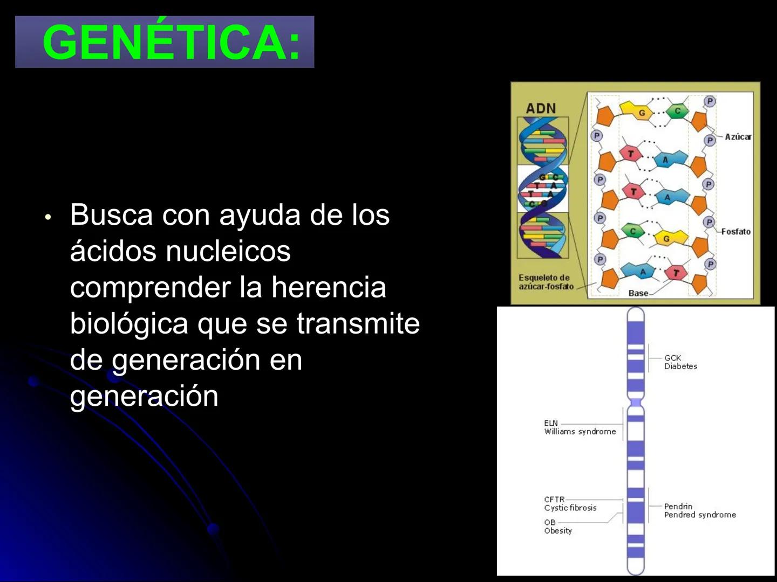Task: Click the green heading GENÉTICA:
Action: click(x=171, y=42)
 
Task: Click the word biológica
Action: click(x=129, y=323)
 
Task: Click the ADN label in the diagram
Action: click(x=541, y=108)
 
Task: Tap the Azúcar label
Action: click(x=738, y=137)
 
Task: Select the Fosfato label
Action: click(x=735, y=232)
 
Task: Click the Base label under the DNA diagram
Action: click(x=638, y=293)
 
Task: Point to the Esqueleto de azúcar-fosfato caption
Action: click(x=546, y=282)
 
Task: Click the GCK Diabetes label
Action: click(x=680, y=362)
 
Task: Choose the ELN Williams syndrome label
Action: click(x=580, y=427)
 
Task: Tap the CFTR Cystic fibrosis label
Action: click(x=570, y=504)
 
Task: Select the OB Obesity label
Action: click(x=557, y=526)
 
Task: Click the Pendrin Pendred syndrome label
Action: click(x=699, y=510)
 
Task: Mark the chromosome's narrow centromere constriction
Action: click(x=636, y=403)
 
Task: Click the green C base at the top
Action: click(x=677, y=111)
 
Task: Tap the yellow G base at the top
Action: click(x=642, y=113)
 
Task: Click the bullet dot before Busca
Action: click(x=48, y=217)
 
